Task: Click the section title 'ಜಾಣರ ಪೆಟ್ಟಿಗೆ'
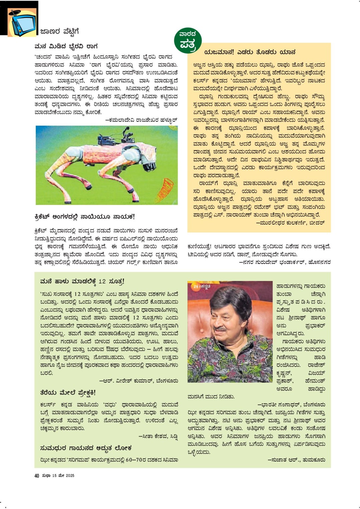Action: [x=59, y=32]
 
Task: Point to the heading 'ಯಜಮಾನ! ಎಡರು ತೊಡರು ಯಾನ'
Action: [x=250, y=52]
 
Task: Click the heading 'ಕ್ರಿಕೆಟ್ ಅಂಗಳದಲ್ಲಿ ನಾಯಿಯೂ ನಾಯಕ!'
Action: [x=84, y=217]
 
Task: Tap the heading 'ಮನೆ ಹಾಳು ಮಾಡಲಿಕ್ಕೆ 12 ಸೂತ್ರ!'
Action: [x=82, y=282]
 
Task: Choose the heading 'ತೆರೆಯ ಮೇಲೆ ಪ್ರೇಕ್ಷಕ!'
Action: [x=68, y=392]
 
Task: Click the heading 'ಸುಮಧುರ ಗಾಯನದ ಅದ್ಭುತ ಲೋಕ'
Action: [x=85, y=448]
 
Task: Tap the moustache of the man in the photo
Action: [x=220, y=329]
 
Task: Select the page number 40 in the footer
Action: [x=37, y=476]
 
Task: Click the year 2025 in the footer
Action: [x=70, y=476]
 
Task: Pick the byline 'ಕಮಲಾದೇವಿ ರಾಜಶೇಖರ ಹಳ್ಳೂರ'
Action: [x=141, y=120]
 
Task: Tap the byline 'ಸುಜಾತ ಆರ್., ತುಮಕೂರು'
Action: [x=297, y=460]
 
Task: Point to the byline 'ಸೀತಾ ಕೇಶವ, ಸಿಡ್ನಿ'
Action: [x=158, y=436]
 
